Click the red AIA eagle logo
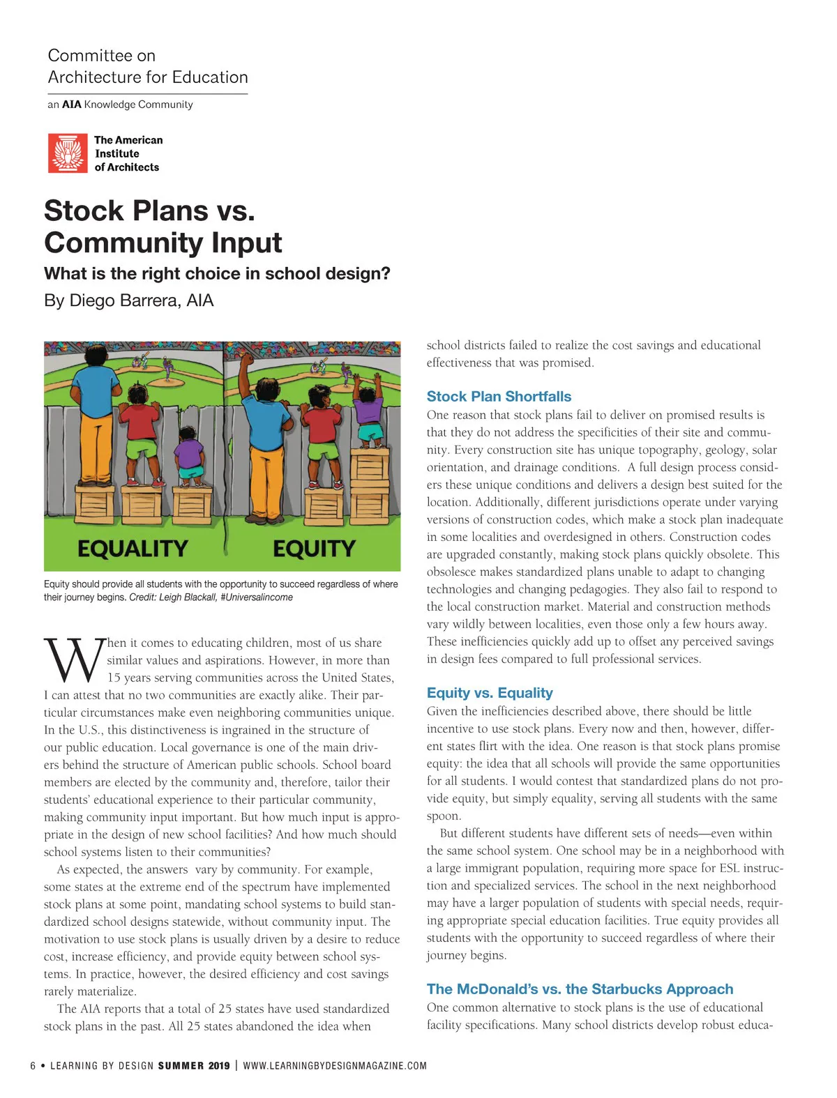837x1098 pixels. point(68,153)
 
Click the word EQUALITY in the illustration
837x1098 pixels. point(133,549)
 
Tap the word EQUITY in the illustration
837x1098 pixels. point(314,549)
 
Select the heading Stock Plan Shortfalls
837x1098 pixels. point(499,397)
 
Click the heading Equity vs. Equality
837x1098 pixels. point(490,693)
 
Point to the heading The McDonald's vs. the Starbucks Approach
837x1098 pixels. point(580,989)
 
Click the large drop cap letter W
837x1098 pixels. point(73,660)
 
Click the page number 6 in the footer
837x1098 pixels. point(33,1066)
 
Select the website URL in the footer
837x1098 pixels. point(335,1066)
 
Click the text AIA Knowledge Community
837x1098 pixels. point(127,105)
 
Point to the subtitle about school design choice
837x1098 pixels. point(217,273)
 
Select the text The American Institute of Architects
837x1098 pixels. point(128,153)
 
